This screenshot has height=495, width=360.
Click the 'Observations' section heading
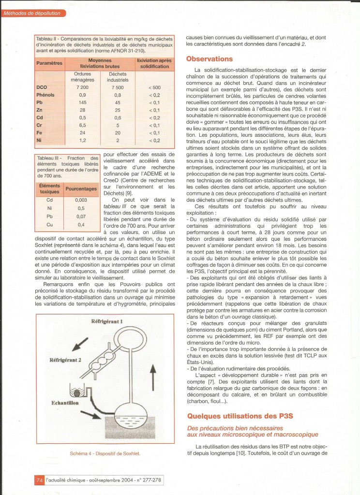(x=210, y=59)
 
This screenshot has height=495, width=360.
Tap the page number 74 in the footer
(x=39, y=480)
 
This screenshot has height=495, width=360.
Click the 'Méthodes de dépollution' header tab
(x=32, y=13)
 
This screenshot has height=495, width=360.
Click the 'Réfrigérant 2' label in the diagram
(x=68, y=360)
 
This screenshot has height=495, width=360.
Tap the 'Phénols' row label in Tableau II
(x=47, y=95)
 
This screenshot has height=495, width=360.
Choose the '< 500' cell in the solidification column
(x=153, y=87)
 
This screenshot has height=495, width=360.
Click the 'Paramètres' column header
(x=49, y=63)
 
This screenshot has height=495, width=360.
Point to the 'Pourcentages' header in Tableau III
(x=81, y=189)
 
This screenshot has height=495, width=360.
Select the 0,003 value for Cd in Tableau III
(x=81, y=200)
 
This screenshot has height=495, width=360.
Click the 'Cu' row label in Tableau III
(x=49, y=225)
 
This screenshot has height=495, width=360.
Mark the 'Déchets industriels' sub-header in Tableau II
(x=118, y=77)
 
